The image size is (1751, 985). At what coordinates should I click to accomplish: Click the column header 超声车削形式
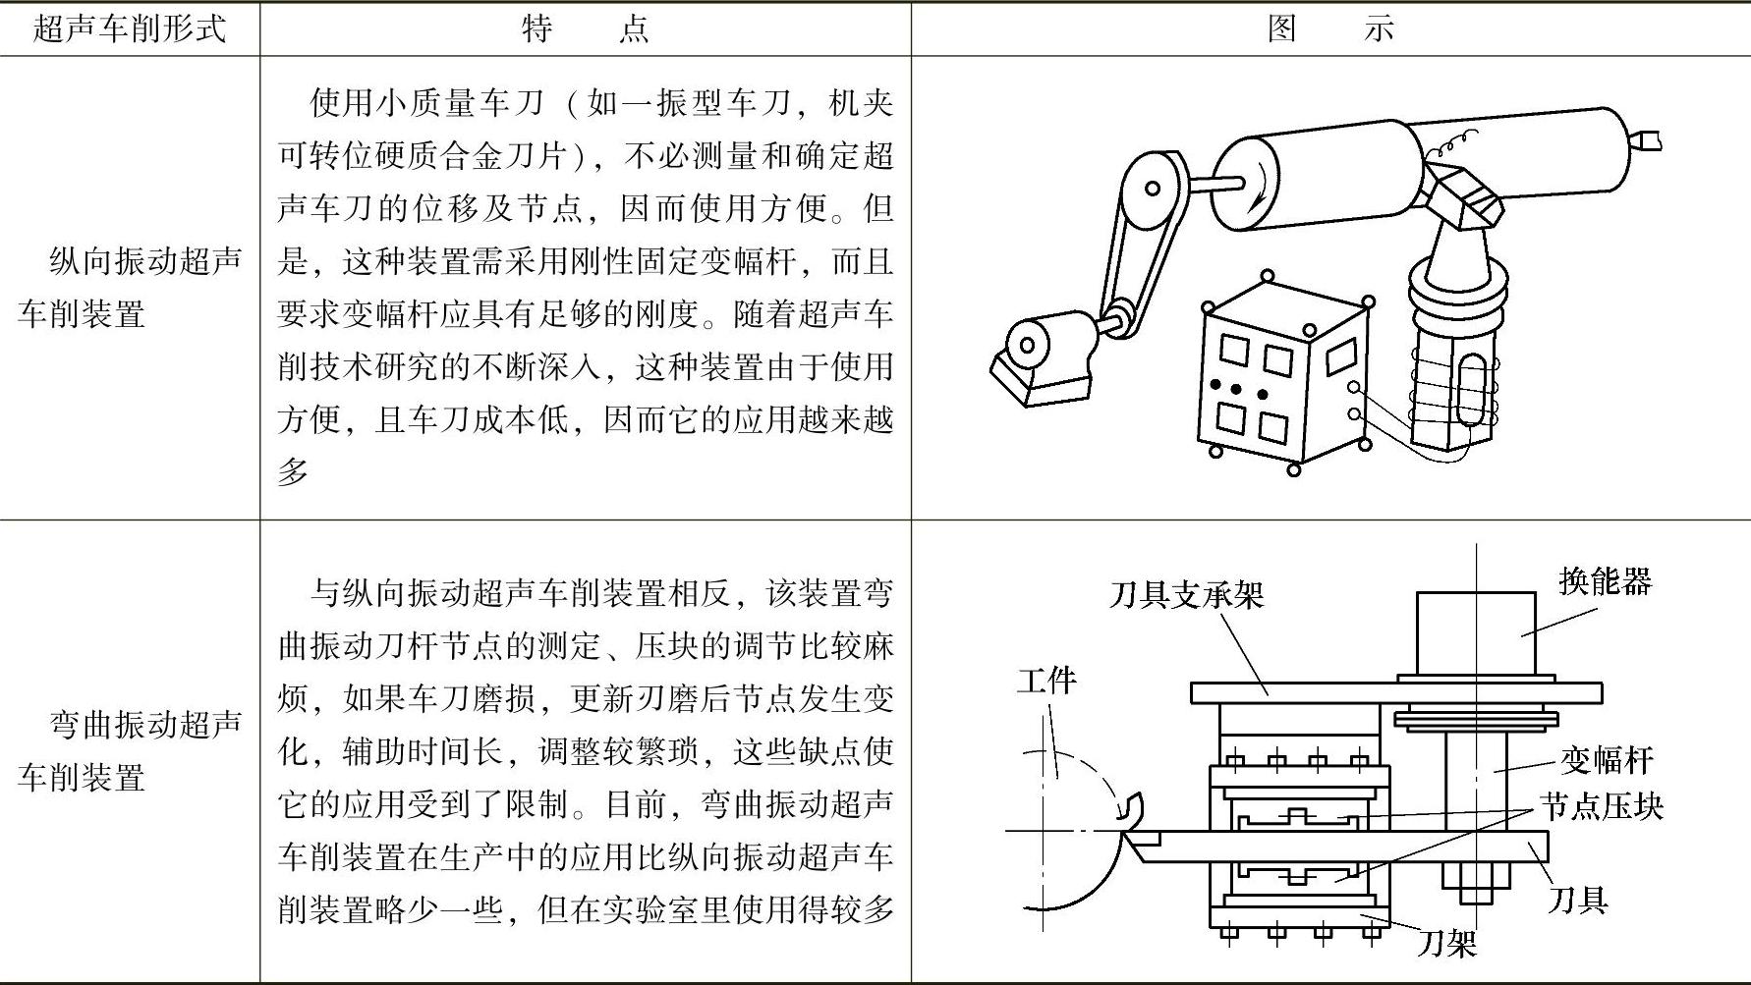[130, 28]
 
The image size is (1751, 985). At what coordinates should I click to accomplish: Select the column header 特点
[585, 28]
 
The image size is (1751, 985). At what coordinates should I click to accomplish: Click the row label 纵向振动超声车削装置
[130, 287]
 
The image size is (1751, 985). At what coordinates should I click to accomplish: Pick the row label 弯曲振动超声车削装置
[130, 751]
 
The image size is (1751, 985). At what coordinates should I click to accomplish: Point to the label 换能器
[1605, 581]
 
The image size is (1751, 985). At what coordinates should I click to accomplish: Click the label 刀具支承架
[1186, 594]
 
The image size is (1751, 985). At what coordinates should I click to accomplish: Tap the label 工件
[1046, 680]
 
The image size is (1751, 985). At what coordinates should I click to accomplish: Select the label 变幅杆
[1608, 759]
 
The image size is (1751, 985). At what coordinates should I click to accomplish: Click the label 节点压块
[1601, 806]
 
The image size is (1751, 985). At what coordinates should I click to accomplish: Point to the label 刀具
[1578, 899]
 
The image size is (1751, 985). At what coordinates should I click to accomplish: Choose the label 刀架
[1447, 945]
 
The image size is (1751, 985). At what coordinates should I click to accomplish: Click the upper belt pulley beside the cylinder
[1153, 188]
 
